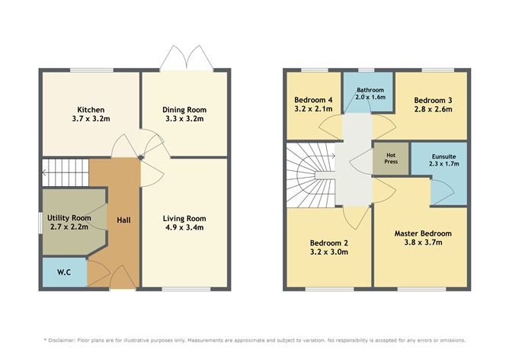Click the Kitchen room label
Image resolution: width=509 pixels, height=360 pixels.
90,110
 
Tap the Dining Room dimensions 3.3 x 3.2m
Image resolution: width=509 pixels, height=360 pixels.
184,120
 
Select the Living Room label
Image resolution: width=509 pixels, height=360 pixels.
184,219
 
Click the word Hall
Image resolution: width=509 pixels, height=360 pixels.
123,220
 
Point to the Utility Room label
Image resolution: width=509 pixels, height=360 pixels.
70,218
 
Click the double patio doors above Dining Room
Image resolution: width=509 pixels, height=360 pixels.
184,56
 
